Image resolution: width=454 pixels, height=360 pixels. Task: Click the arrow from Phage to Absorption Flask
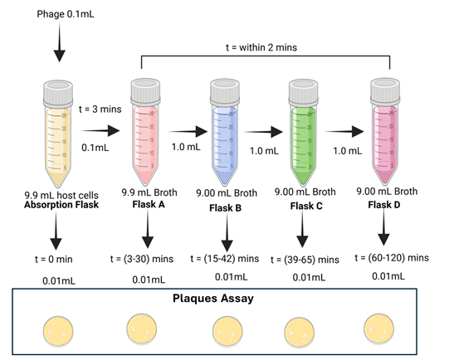58,46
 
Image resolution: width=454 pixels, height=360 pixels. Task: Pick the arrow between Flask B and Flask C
266,130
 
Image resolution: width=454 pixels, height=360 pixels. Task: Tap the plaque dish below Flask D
383,331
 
